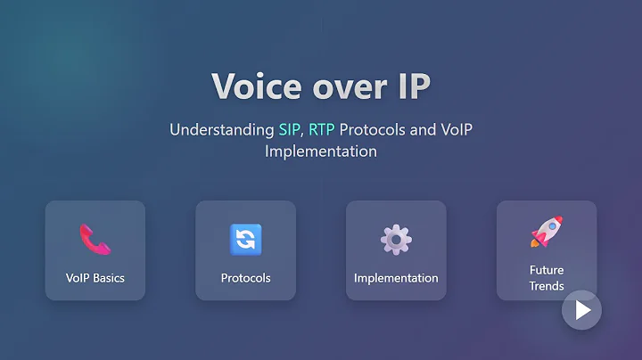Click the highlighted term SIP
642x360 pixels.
tap(289, 130)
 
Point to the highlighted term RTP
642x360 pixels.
tap(323, 130)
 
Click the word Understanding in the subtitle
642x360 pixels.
tap(222, 130)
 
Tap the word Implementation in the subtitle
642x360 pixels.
tap(321, 151)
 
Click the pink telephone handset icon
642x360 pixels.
tap(95, 238)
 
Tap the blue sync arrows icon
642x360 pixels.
tap(245, 239)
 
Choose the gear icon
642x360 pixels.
tap(396, 239)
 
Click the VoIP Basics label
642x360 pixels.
tap(95, 278)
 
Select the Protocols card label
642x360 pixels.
tap(245, 278)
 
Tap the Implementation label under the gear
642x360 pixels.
tap(396, 278)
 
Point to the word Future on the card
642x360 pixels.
tap(546, 270)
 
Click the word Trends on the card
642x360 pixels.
tap(546, 286)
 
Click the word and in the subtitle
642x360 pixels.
tap(424, 130)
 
